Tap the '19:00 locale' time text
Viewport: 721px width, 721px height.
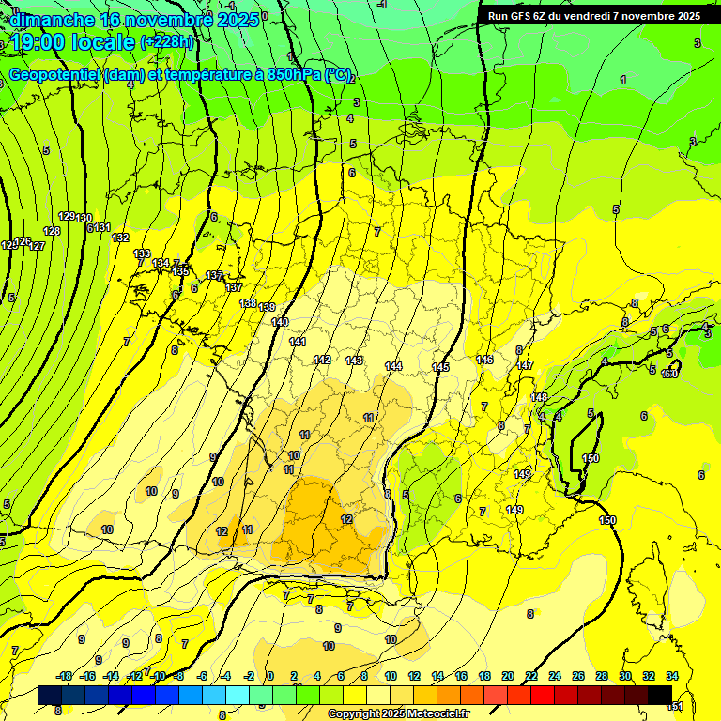point(73,42)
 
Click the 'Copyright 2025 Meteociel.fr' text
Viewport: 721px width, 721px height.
point(398,714)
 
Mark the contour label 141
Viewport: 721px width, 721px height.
point(298,342)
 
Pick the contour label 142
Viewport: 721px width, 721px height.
point(322,360)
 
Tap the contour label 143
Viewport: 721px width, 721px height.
point(354,360)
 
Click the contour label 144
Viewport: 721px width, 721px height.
point(393,366)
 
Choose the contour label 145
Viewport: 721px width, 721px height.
point(440,367)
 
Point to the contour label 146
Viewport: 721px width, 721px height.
point(484,360)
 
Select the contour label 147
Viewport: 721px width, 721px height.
point(525,365)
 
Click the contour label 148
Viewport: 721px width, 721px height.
point(539,397)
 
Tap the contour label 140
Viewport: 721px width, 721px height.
point(280,322)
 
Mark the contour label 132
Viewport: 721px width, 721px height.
point(120,238)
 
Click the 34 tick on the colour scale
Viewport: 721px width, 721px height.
point(672,676)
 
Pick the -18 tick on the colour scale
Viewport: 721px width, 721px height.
point(65,676)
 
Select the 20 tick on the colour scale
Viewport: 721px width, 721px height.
point(508,676)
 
